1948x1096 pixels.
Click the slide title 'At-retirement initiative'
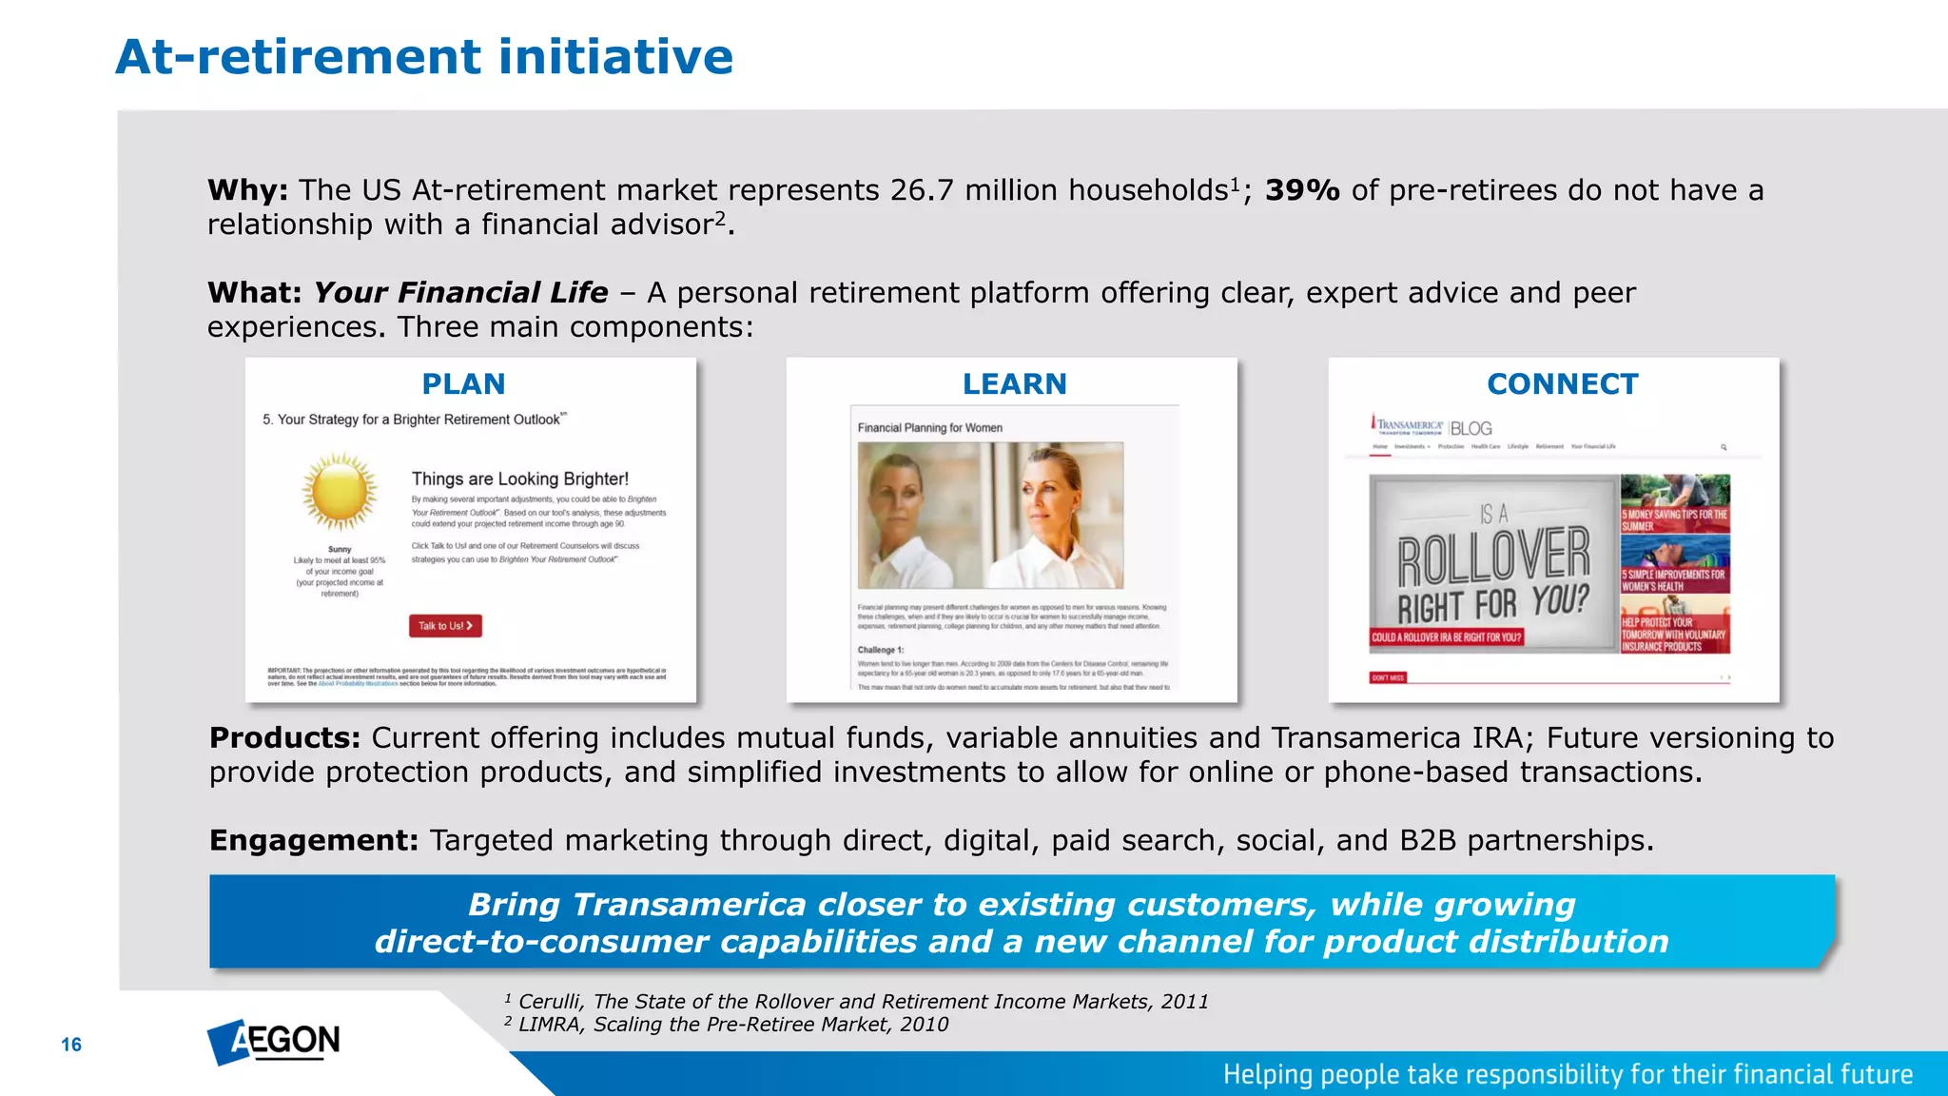(x=424, y=57)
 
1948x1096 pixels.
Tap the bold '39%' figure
(x=1301, y=190)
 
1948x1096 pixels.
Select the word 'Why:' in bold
(x=247, y=190)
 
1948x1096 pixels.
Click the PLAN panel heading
(x=463, y=384)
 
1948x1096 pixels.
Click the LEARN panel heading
(x=1014, y=384)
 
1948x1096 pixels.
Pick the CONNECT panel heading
(x=1562, y=384)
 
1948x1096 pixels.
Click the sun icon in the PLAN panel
(x=340, y=492)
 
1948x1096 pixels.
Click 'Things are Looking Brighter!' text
(x=519, y=479)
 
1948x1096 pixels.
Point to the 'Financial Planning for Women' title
(x=929, y=428)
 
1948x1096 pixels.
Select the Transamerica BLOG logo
(x=1432, y=427)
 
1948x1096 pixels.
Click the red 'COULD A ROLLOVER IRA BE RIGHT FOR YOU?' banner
(x=1446, y=637)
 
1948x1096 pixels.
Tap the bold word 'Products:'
(x=284, y=738)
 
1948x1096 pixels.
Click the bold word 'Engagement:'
(x=314, y=841)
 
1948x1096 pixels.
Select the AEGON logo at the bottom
(x=274, y=1042)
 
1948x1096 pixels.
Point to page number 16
(x=71, y=1045)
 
